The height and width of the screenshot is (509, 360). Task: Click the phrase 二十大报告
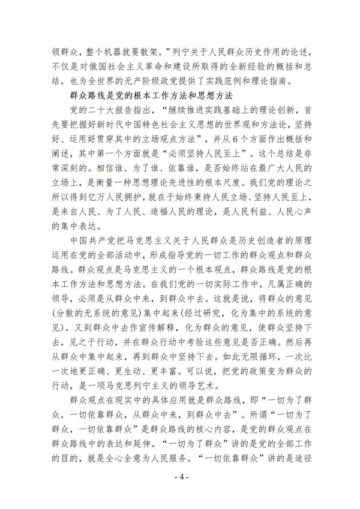click(x=122, y=111)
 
